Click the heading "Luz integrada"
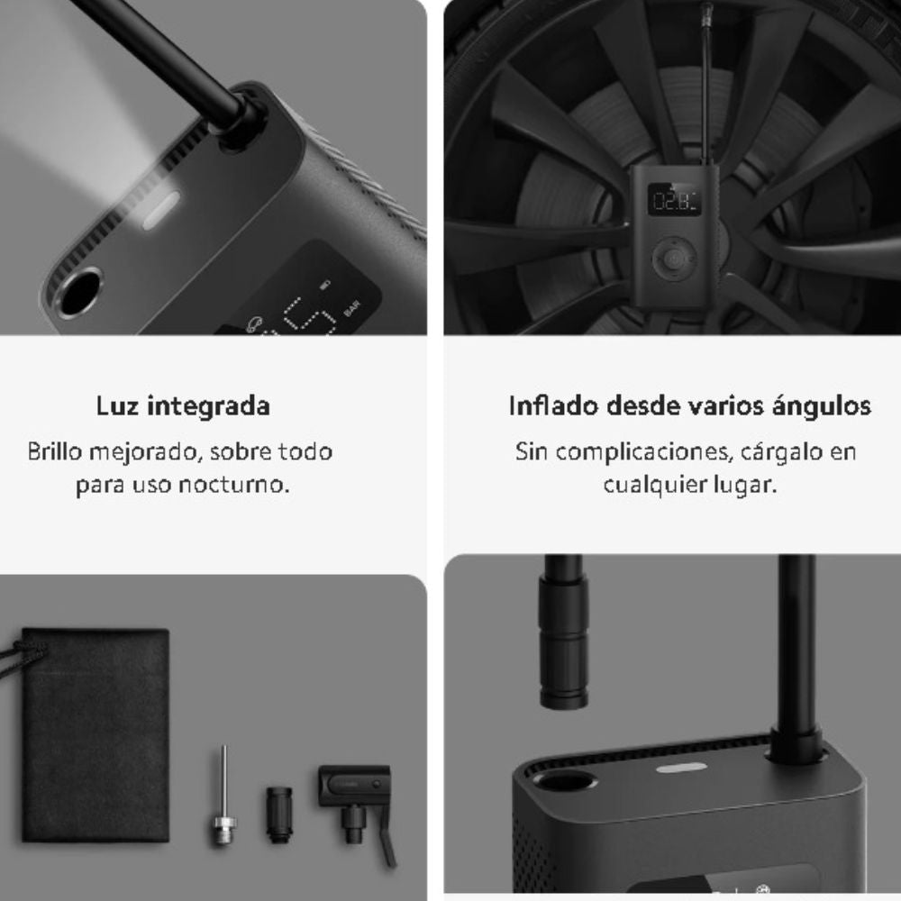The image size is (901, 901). pos(183,405)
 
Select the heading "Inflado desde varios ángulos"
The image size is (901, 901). pos(689,405)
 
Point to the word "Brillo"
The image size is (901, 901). pos(55,451)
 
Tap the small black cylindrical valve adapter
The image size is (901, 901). pos(279,815)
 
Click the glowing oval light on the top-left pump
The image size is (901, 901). pos(160,210)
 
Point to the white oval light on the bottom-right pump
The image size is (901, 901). pos(681,768)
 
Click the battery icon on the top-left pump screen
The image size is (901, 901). pos(325,285)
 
